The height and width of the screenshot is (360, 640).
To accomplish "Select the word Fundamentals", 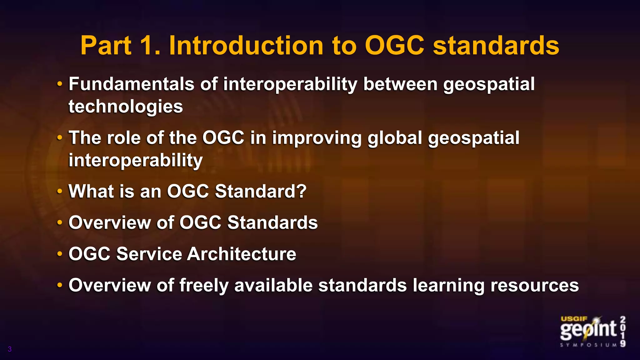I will [131, 84].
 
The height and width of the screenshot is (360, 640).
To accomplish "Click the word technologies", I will [126, 107].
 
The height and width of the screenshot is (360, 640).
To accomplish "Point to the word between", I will [400, 84].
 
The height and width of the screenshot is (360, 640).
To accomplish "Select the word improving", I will [317, 138].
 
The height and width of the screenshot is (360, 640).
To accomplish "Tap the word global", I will [395, 138].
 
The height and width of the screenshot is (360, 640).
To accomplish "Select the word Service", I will [149, 254].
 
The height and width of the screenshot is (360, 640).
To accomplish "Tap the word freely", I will [204, 286].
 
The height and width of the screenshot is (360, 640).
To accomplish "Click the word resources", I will [534, 286].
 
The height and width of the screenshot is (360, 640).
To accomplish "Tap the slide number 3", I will [10, 349].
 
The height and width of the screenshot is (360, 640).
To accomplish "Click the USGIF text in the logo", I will [574, 319].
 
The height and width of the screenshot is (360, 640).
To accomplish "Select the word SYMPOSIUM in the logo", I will [588, 345].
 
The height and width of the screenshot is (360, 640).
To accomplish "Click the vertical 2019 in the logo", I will [623, 331].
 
